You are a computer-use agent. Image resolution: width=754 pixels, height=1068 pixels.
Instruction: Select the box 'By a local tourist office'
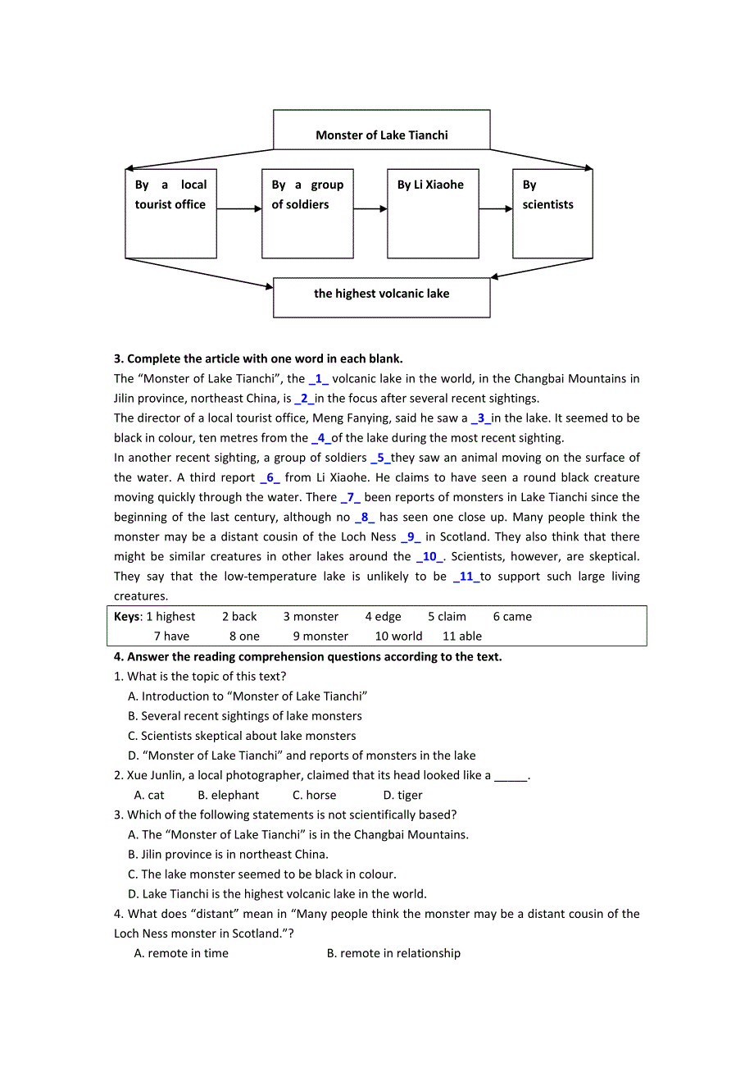[x=170, y=213]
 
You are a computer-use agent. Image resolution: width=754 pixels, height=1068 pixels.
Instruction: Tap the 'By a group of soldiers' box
[x=307, y=213]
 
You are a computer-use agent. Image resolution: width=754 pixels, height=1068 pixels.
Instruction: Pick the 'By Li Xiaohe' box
[x=432, y=213]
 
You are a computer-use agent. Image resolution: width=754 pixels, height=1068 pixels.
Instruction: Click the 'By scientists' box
[x=552, y=213]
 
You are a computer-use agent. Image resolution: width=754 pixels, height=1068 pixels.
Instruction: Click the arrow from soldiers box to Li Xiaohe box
[x=370, y=209]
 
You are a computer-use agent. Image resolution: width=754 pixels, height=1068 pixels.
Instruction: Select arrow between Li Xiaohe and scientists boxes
[x=495, y=209]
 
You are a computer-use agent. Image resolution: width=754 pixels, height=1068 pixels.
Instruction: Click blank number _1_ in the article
[x=318, y=379]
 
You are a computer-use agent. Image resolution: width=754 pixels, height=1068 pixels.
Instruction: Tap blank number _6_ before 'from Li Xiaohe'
[x=270, y=477]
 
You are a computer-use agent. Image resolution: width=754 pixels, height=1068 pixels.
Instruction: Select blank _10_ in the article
[x=429, y=556]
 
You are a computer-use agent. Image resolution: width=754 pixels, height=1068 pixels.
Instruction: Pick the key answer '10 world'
[x=398, y=637]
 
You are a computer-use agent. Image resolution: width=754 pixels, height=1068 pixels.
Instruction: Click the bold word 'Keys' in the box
[x=126, y=617]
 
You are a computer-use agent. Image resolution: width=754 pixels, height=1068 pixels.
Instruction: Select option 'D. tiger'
[x=402, y=795]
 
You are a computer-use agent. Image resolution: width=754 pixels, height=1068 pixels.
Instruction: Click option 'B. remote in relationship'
[x=393, y=953]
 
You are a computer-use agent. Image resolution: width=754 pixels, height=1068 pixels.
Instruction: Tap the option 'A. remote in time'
[x=181, y=953]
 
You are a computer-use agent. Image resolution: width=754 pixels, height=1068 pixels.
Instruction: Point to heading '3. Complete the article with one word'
[x=258, y=358]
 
